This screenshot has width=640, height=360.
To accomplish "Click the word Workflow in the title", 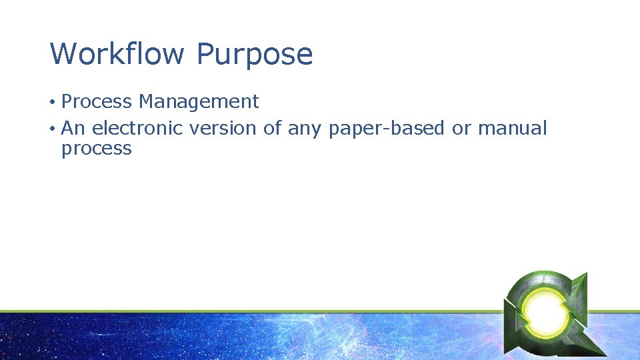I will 117,54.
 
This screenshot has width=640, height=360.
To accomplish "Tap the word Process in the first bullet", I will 97,102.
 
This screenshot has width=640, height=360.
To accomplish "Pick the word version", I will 224,128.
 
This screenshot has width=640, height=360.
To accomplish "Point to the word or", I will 461,129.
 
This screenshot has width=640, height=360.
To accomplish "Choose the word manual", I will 512,128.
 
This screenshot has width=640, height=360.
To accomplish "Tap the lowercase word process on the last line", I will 97,149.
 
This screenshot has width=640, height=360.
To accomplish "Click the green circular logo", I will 545,310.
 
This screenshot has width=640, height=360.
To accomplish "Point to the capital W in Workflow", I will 62,54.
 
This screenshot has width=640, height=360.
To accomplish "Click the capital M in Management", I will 147,102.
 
